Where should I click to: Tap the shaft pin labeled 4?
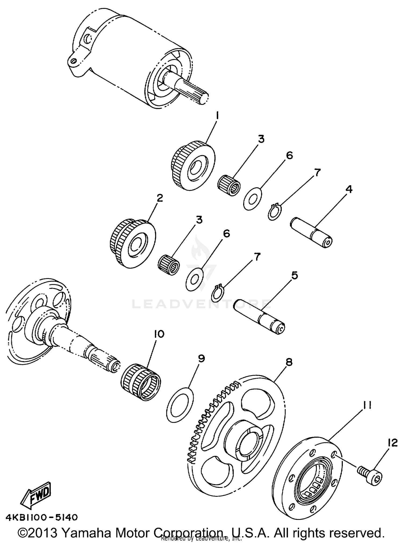(x=312, y=232)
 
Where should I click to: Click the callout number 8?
(x=289, y=362)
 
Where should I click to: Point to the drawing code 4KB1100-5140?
(x=42, y=517)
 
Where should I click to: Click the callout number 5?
(x=294, y=275)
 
